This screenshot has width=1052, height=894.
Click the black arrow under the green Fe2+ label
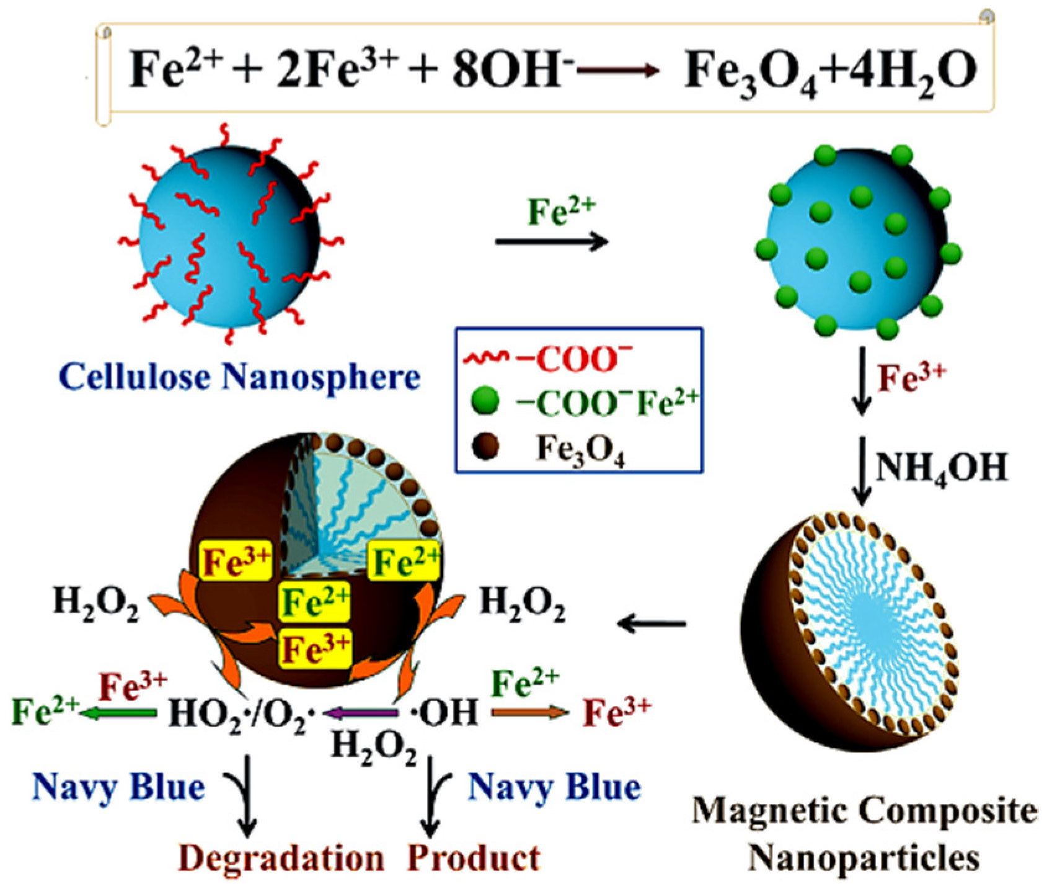coord(552,241)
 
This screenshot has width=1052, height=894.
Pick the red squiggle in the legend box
coord(487,357)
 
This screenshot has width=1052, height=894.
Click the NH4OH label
coord(941,467)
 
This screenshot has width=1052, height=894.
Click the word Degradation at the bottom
coord(281,859)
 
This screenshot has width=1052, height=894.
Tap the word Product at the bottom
coord(474,859)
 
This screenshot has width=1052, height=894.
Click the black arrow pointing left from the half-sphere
coord(651,623)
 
